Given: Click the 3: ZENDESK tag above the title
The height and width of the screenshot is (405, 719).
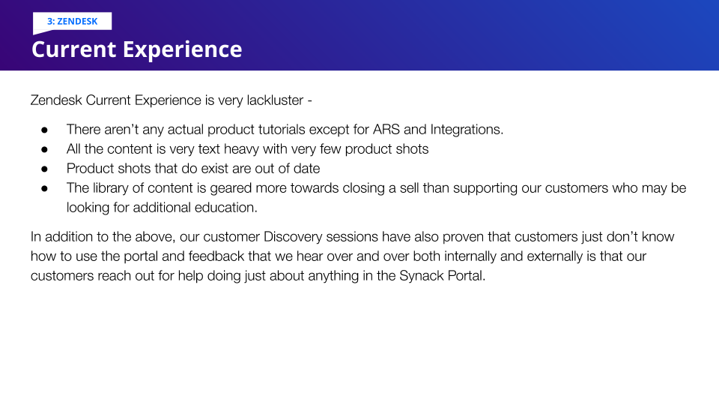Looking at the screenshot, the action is (73, 21).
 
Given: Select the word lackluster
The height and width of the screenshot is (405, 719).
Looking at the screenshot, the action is (275, 100).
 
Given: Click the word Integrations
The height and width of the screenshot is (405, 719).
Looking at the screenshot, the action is (467, 130).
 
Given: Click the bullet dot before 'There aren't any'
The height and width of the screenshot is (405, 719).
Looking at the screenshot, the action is (44, 130).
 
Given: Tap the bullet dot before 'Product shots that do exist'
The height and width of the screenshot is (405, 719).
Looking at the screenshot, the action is (44, 169).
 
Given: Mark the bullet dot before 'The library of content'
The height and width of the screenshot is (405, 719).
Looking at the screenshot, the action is (44, 189).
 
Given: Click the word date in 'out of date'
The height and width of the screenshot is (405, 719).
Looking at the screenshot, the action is (307, 169).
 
